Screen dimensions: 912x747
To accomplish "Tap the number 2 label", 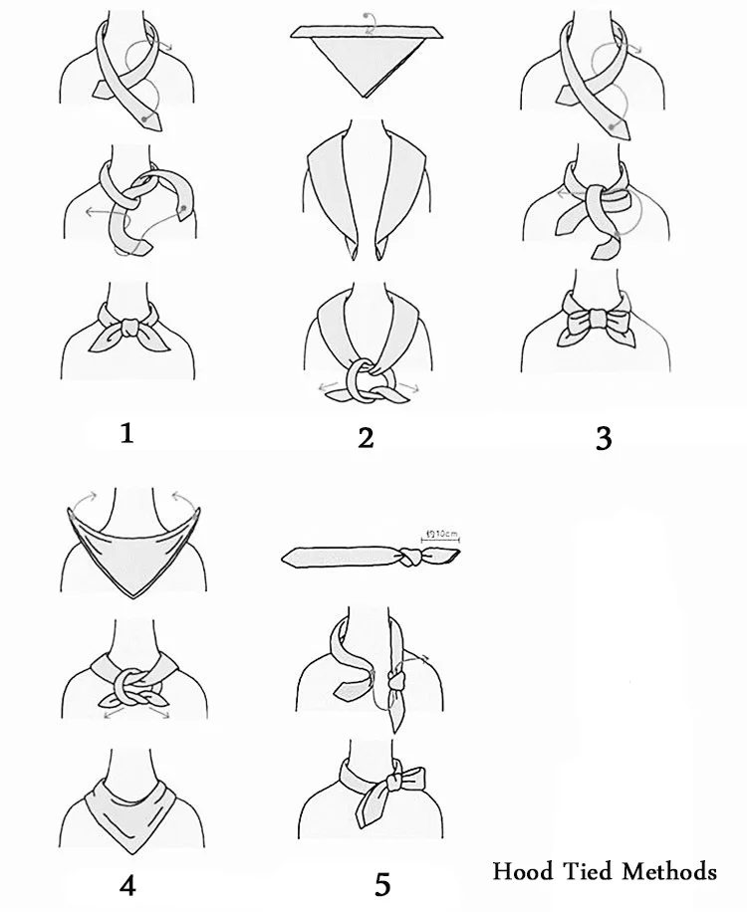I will click(366, 436).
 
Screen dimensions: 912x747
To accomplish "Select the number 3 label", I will click(603, 437).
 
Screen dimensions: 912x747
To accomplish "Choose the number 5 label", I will click(381, 883).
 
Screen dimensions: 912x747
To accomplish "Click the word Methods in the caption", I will click(669, 871).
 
